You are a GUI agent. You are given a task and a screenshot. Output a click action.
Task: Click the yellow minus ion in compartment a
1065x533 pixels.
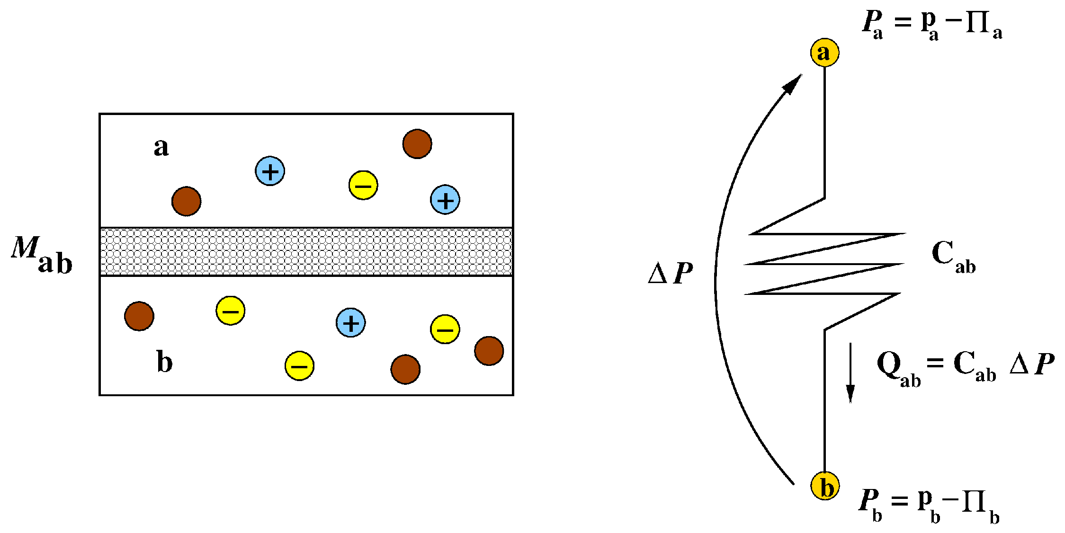(363, 185)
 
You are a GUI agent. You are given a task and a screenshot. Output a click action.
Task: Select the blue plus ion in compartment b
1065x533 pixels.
(350, 323)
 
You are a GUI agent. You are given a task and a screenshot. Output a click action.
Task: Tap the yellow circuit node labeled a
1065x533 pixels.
(824, 52)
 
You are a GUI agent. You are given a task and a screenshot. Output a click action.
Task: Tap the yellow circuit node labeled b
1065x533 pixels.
(825, 486)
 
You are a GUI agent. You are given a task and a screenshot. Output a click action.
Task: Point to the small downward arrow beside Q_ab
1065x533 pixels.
(850, 373)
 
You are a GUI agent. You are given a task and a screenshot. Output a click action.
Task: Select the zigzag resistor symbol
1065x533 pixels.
(824, 264)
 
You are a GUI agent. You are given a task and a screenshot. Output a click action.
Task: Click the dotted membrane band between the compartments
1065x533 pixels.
(306, 252)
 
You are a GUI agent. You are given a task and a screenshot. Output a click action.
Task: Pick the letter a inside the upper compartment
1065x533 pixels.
(161, 147)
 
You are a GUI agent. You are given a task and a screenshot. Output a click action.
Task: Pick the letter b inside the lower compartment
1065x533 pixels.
(164, 362)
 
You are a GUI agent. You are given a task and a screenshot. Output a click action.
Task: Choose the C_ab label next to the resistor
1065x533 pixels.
(953, 257)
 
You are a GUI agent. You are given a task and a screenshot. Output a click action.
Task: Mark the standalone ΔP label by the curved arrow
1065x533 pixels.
(670, 273)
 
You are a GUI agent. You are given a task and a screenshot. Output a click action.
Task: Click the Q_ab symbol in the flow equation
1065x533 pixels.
(898, 370)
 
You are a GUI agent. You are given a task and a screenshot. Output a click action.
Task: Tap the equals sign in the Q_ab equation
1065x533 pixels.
(935, 363)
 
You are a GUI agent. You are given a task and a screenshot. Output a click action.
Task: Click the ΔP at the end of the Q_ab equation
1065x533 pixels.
(1032, 364)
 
